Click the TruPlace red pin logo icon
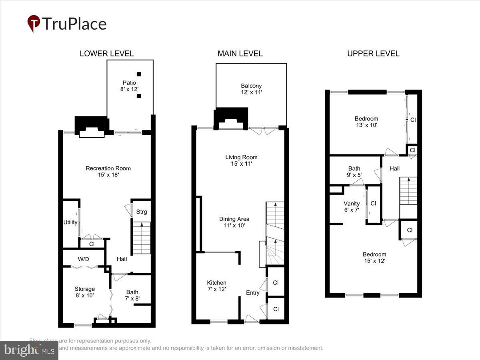coord(34,24)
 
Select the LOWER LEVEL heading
coord(106,54)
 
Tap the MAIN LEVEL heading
coord(240,54)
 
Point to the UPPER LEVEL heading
coord(373,54)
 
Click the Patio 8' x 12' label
coord(130,86)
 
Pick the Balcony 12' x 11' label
coord(251,89)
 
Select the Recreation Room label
coord(108,171)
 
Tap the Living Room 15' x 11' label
coord(241,160)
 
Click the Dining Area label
coord(234,222)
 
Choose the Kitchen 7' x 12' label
coord(216,286)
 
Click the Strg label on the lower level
coord(142,212)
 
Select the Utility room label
coord(70,222)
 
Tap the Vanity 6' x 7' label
coord(352,206)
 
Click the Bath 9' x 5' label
coord(354,172)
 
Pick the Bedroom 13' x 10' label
coord(366,122)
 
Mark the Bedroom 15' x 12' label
coord(374,258)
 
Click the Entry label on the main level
coord(253,293)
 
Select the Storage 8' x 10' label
coord(85,292)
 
